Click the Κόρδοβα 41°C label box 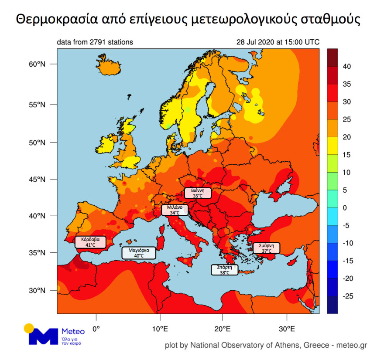pos(90,242)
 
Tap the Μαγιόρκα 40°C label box pos(139,253)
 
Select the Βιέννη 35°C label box pos(198,193)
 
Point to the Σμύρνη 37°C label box pos(266,248)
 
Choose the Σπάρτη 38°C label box pos(224,269)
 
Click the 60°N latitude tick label pos(37,64)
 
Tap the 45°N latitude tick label pos(37,180)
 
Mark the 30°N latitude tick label pos(37,290)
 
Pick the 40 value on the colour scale pos(347,66)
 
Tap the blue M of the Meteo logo pos(42,336)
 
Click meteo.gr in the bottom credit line pos(352,345)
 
